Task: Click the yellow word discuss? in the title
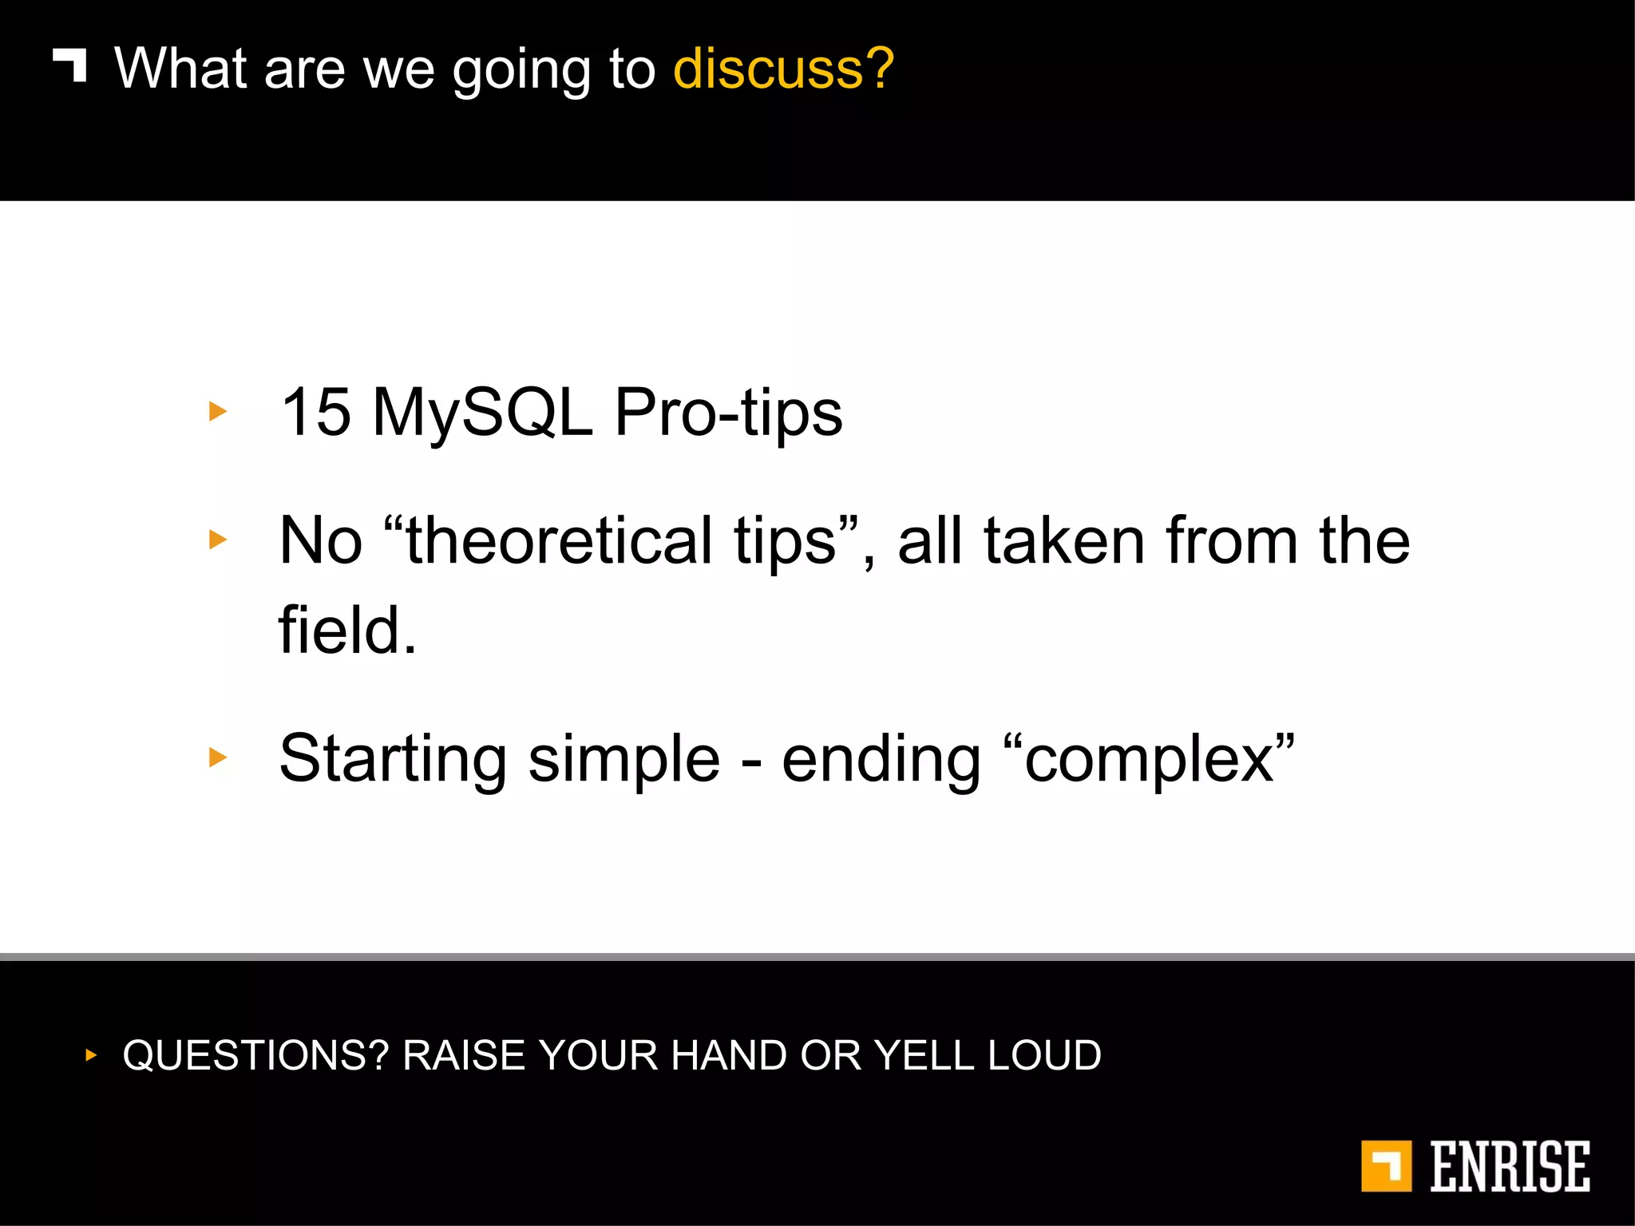[783, 69]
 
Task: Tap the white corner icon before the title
[70, 65]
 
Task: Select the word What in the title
[180, 69]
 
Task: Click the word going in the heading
[521, 72]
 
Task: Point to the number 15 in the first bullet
[316, 412]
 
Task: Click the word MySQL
[482, 413]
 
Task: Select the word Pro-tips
[728, 413]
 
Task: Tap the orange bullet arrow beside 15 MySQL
[217, 412]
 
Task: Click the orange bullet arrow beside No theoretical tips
[217, 540]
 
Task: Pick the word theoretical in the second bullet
[559, 540]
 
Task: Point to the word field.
[347, 630]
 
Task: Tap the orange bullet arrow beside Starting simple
[217, 757]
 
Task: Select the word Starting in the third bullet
[393, 759]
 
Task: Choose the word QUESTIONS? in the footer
[255, 1055]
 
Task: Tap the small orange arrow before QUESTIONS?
[91, 1055]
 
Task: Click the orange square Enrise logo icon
[1386, 1166]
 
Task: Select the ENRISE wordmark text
[1509, 1166]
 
